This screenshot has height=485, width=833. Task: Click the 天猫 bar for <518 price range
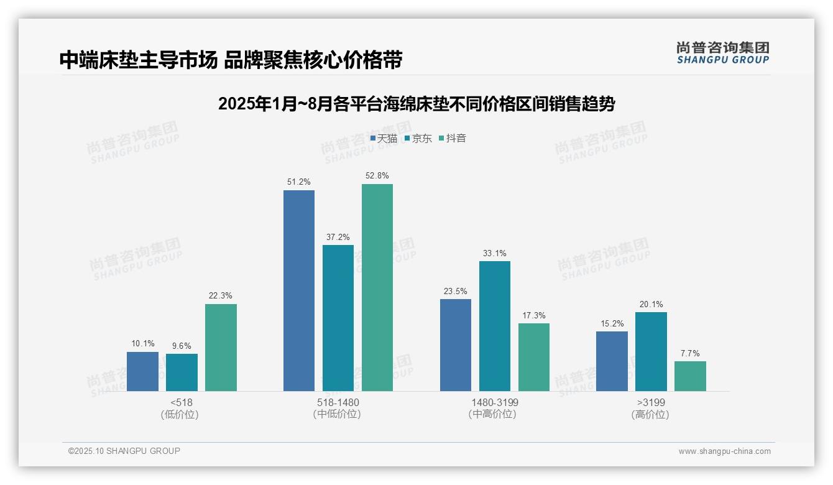pyautogui.click(x=142, y=371)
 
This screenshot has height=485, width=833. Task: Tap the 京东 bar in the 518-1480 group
pyautogui.click(x=338, y=318)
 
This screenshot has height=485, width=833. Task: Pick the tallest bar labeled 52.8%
pyautogui.click(x=377, y=287)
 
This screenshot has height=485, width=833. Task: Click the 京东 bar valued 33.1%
pyautogui.click(x=494, y=326)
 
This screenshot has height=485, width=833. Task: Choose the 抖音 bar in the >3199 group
pyautogui.click(x=690, y=376)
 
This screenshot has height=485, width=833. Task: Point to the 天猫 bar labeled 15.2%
pyautogui.click(x=612, y=361)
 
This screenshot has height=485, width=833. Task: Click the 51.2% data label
pyautogui.click(x=298, y=182)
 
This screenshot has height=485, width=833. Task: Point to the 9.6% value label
pyautogui.click(x=182, y=346)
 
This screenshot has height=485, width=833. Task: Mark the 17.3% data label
pyautogui.click(x=533, y=315)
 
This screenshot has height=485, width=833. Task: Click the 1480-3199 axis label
pyautogui.click(x=494, y=402)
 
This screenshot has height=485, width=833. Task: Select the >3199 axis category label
pyautogui.click(x=650, y=402)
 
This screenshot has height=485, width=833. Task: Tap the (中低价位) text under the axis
pyautogui.click(x=338, y=414)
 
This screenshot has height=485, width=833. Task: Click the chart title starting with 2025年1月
pyautogui.click(x=416, y=104)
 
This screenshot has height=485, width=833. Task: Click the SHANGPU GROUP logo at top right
pyautogui.click(x=722, y=53)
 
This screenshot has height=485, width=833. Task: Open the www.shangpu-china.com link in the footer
pyautogui.click(x=724, y=451)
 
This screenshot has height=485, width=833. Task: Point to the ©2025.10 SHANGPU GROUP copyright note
pyautogui.click(x=124, y=451)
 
